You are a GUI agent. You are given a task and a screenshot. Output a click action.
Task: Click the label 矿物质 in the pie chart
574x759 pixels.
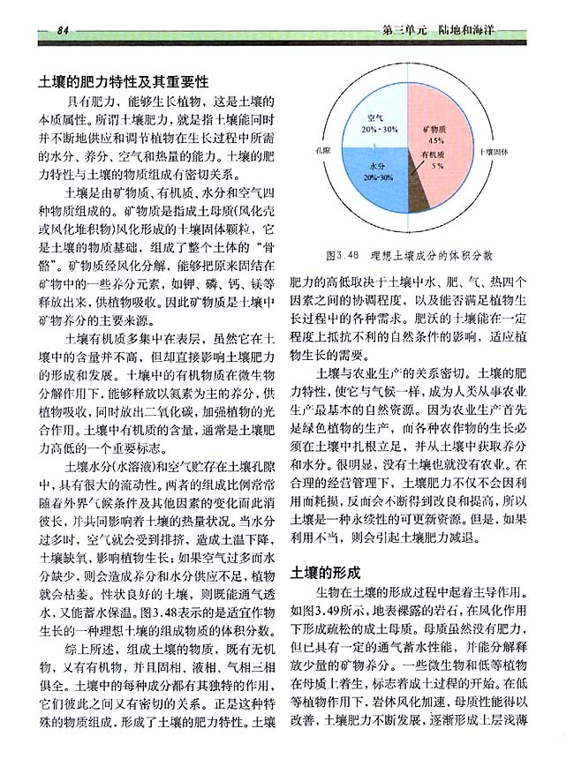pyautogui.click(x=434, y=129)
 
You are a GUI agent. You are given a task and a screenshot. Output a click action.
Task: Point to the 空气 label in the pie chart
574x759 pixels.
pyautogui.click(x=374, y=116)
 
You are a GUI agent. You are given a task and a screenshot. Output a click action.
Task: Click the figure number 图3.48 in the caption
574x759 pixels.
pyautogui.click(x=344, y=256)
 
